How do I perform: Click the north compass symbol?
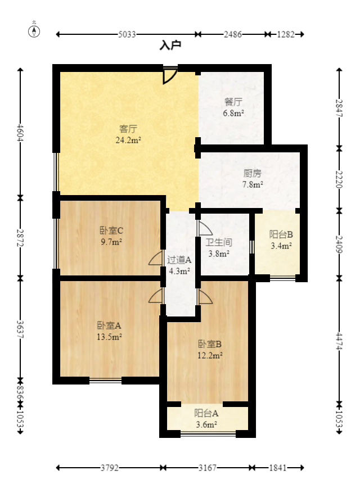coord(34,30)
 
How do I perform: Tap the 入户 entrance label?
coord(170,45)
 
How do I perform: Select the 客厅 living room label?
coord(128,129)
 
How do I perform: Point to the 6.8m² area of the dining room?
coord(233,113)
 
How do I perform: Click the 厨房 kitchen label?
coord(253,173)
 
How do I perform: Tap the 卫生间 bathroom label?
coord(218,242)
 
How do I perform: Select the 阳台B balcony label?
coord(281,234)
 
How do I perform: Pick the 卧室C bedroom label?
coord(111,230)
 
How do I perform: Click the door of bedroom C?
coord(156,258)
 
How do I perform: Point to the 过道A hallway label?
coord(179,260)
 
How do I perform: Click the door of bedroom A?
coord(156,296)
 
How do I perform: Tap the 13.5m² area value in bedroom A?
coord(109,337)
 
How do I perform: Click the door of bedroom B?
coord(205,297)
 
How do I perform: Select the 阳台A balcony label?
coord(206,413)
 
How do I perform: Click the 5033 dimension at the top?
coord(127,34)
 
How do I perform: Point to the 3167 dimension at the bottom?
coord(208,468)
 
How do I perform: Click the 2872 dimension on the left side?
coord(20,238)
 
